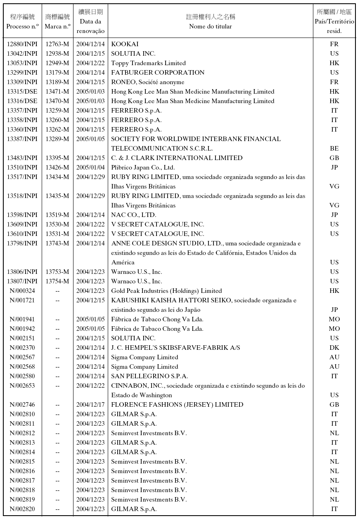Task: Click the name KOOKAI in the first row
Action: coord(125,44)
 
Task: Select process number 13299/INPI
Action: coord(22,73)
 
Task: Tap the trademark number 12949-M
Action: coord(57,63)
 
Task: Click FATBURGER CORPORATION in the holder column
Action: coord(158,73)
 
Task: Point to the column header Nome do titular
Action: coord(211,26)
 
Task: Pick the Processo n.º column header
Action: coord(22,26)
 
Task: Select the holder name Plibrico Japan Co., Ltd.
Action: coord(143,167)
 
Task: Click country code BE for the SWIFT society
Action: coord(334,149)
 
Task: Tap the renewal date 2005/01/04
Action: coord(90,167)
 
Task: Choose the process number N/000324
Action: coord(22,291)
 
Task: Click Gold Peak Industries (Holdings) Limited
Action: coord(166,291)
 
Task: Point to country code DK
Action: coord(334,348)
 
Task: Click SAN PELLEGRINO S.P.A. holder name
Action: coord(149,376)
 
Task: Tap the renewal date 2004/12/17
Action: coord(90,405)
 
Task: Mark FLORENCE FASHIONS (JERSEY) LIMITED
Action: coord(177,405)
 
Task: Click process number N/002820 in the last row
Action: coord(22,509)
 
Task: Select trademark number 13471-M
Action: coord(57,92)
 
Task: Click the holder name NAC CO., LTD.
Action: coord(134,215)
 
